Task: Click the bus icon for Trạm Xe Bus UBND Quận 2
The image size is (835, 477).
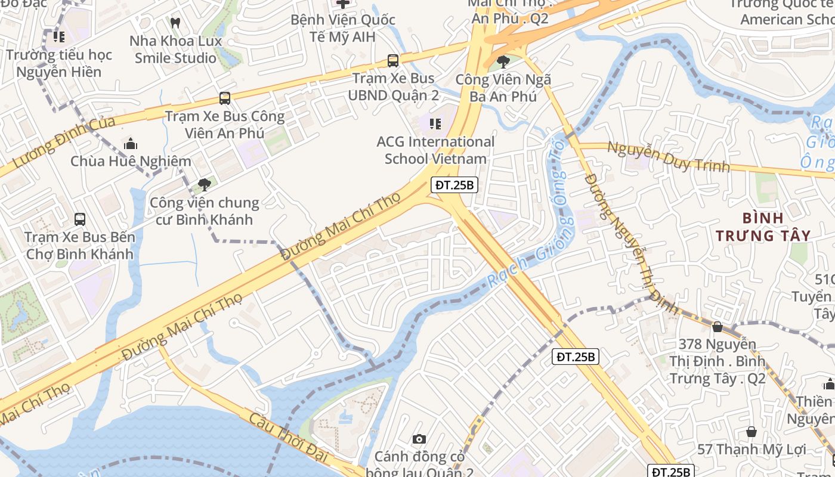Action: [x=393, y=60]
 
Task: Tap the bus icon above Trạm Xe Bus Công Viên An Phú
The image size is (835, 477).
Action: [x=224, y=98]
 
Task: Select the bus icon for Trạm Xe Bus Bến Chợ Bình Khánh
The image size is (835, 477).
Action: [x=80, y=219]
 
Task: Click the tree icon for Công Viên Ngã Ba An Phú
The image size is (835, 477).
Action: [x=503, y=61]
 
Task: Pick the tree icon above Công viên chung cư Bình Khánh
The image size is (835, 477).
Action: [x=205, y=185]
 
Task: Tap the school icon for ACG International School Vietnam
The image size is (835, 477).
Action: [x=435, y=124]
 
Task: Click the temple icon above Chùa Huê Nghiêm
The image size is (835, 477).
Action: [x=131, y=144]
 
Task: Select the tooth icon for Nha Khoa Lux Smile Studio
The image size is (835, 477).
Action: [x=175, y=23]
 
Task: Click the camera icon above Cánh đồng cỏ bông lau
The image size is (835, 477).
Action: [x=419, y=439]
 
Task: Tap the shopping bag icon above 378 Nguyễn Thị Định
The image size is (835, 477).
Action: [x=718, y=327]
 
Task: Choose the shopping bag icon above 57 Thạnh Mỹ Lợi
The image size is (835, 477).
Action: [x=751, y=431]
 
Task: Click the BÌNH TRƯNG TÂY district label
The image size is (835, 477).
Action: [x=763, y=227]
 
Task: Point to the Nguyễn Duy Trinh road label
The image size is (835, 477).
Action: [x=668, y=157]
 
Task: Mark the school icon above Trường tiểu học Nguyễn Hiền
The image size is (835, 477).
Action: [x=58, y=37]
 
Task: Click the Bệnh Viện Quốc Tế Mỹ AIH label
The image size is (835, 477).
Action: [x=342, y=28]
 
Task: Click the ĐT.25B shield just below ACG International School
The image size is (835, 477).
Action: [x=454, y=185]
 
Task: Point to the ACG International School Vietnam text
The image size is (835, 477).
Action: [x=435, y=150]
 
